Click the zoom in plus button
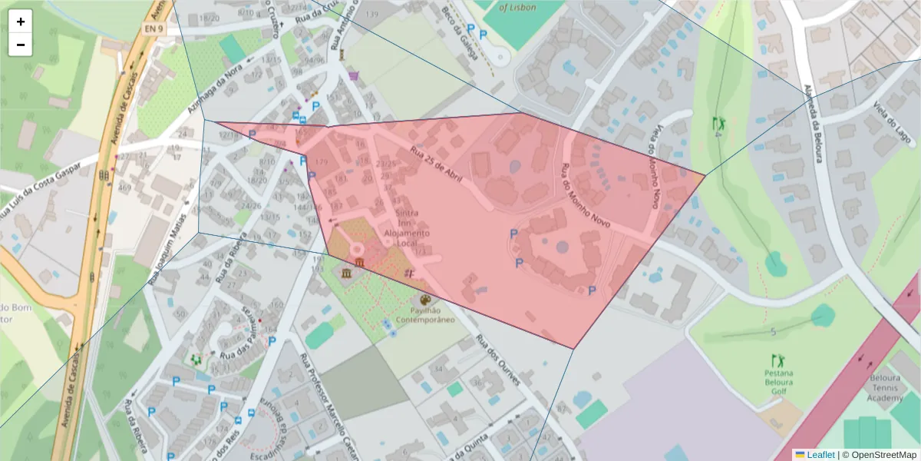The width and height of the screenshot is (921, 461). (21, 22)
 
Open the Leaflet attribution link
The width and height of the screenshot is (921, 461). (820, 455)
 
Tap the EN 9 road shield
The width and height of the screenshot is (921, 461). (154, 28)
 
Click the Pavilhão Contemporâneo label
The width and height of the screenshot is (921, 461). (425, 315)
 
